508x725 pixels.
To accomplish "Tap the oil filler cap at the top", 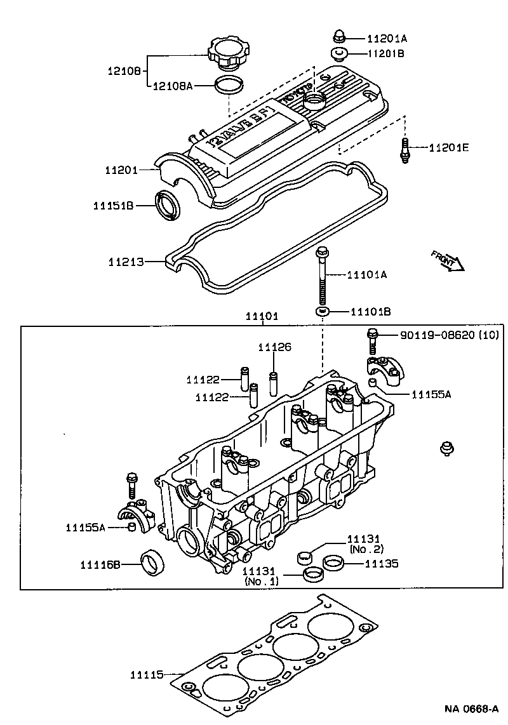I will (x=229, y=53).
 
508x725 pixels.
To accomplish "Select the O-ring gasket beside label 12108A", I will (x=229, y=84).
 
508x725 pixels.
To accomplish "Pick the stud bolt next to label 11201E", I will (x=404, y=150).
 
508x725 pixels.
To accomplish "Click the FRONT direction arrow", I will (x=448, y=260).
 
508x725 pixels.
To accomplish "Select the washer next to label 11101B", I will (x=323, y=312).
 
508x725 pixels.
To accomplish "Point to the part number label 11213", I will (x=125, y=262).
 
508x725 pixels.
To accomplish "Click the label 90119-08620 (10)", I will (x=449, y=335).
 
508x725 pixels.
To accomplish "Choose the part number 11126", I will (x=274, y=347).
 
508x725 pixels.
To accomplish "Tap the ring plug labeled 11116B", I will (x=152, y=562).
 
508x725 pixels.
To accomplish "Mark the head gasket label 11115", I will (x=147, y=674).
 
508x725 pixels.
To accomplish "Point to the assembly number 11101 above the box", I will (x=262, y=316).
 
